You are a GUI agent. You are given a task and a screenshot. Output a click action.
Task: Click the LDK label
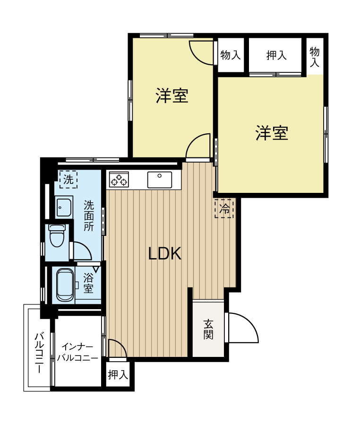pos(165,254)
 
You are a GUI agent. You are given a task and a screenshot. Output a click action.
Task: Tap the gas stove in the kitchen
pos(119,180)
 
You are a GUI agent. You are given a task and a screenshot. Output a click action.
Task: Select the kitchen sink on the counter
pos(160,180)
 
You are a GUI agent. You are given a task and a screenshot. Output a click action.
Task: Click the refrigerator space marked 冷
pos(224,208)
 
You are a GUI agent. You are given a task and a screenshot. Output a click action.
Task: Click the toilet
pos(57,236)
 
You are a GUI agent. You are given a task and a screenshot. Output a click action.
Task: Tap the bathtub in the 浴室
pos(65,285)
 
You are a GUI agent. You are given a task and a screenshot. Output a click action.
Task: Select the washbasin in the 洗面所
pos(64,207)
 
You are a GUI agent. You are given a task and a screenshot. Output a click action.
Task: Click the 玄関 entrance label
pos(208,330)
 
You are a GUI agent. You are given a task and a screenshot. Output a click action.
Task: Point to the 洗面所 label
pos(89,216)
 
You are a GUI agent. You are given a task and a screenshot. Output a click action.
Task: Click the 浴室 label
pos(88,282)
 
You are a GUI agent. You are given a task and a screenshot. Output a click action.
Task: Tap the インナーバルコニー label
pos(77,352)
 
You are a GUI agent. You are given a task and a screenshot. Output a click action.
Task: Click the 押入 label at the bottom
pos(118,375)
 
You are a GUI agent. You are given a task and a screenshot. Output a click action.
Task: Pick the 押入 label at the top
pos(276,55)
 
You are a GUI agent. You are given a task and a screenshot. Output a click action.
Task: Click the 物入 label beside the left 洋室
pos(231,55)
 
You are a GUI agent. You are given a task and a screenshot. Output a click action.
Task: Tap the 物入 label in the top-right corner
pos(315,57)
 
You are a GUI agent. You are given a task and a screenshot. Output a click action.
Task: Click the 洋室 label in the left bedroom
pos(172,96)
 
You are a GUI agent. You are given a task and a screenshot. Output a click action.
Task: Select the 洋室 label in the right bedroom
pos(272,133)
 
